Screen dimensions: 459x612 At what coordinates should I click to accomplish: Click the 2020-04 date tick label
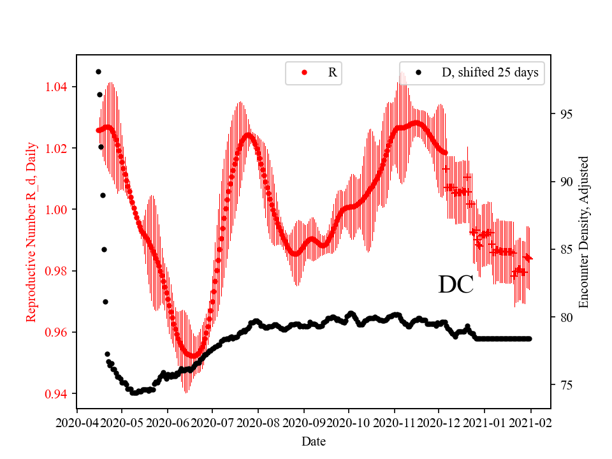[77, 422]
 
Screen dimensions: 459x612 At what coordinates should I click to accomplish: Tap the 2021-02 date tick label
[530, 422]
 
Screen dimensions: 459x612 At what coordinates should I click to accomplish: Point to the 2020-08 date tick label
[258, 422]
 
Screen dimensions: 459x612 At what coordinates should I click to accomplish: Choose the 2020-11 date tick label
[394, 422]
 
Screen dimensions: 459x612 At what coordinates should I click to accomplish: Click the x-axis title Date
[314, 441]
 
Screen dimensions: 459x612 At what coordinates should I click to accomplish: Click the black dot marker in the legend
[418, 73]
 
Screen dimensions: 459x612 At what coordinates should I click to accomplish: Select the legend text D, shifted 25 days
[490, 73]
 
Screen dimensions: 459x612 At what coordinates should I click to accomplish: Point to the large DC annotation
[456, 285]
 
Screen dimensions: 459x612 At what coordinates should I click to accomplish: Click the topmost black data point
[98, 71]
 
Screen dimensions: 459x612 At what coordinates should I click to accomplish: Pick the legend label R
[332, 73]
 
